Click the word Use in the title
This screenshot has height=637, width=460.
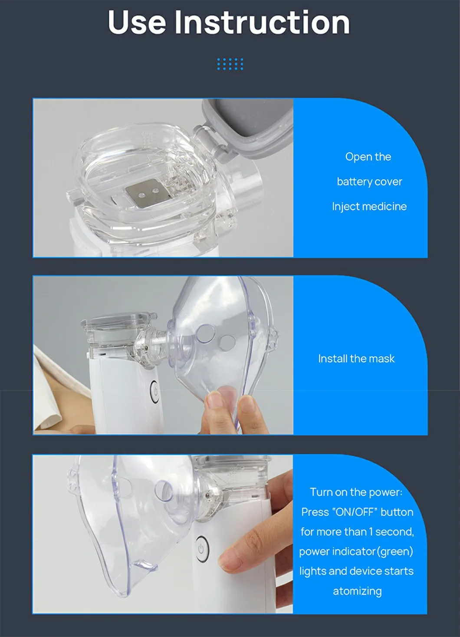pos(137,23)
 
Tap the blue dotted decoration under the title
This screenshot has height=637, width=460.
pos(230,64)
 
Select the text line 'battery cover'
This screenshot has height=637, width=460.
pos(369,182)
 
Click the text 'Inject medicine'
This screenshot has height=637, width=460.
pos(369,206)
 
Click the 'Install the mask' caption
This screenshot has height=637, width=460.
pos(356,359)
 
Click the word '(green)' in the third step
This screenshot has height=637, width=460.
pos(395,551)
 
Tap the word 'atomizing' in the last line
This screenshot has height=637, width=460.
pos(357,591)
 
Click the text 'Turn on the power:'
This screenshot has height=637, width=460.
pos(356,492)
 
